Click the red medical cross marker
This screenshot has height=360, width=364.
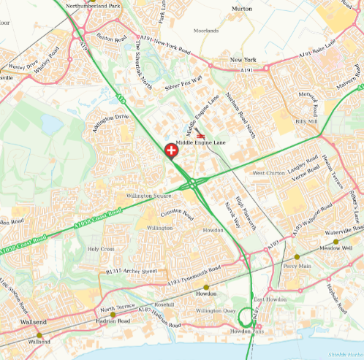tap(172, 151)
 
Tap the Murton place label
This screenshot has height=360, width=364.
tap(241, 8)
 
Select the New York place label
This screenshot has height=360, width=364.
tap(243, 60)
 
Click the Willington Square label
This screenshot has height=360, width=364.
tap(148, 196)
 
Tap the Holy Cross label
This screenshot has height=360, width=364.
tap(101, 249)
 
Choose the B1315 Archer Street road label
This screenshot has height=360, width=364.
tap(132, 272)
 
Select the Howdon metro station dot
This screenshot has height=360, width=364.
tap(206, 287)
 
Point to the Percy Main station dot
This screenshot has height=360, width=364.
tap(297, 257)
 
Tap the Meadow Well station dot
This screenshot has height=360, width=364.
tap(336, 242)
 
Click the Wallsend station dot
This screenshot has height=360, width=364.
tap(39, 336)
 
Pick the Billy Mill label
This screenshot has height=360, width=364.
tap(306, 121)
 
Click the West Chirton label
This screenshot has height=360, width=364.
tap(269, 173)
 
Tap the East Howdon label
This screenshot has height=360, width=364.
tap(269, 300)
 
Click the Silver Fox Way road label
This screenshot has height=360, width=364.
tap(183, 85)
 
